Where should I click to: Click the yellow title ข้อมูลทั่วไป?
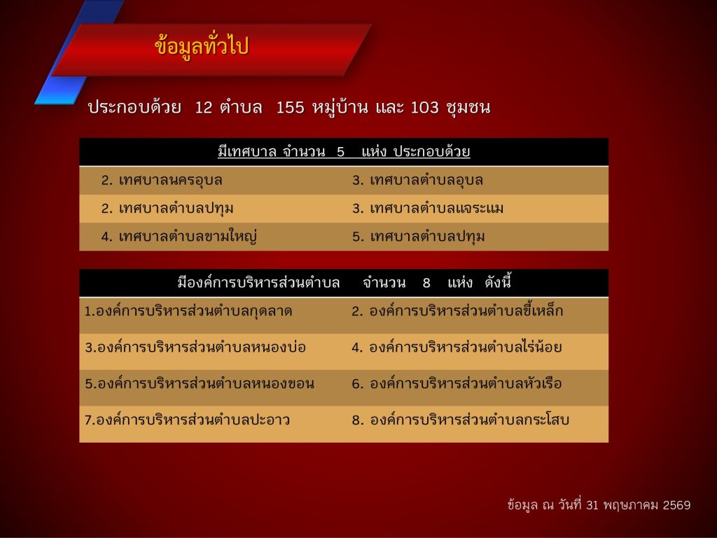[x=201, y=46]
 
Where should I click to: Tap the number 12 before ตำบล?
[x=204, y=107]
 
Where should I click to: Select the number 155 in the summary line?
[x=291, y=107]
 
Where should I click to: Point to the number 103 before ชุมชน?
[x=425, y=107]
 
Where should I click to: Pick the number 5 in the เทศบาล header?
[x=341, y=152]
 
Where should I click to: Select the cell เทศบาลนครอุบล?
[x=170, y=180]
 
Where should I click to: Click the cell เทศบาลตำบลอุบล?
[x=426, y=180]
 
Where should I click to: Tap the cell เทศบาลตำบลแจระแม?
[x=436, y=209]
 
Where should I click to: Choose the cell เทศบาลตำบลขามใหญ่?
[x=188, y=237]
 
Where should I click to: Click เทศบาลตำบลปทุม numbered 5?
[x=427, y=237]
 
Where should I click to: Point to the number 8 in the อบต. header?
[x=426, y=283]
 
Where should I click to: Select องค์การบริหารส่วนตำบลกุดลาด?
[x=194, y=312]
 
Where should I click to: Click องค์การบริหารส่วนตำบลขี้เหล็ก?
[x=466, y=310]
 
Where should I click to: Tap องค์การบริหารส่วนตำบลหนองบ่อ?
[x=201, y=347]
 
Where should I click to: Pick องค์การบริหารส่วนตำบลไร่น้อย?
[x=466, y=347]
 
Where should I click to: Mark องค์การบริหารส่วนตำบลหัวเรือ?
[x=466, y=383]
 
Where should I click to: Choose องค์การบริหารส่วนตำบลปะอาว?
[x=193, y=420]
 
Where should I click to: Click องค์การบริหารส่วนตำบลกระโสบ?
[x=470, y=420]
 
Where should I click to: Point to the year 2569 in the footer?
[x=676, y=505]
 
